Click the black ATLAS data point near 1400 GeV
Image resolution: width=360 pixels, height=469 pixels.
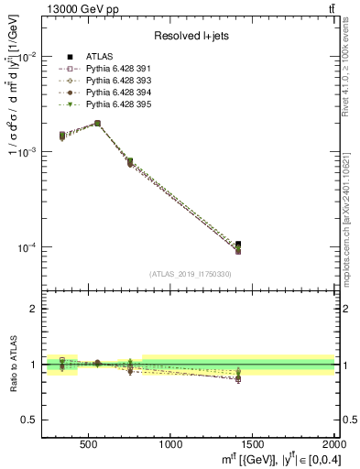click(x=238, y=244)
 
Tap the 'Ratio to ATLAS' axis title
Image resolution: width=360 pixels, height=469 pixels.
click(x=11, y=364)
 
